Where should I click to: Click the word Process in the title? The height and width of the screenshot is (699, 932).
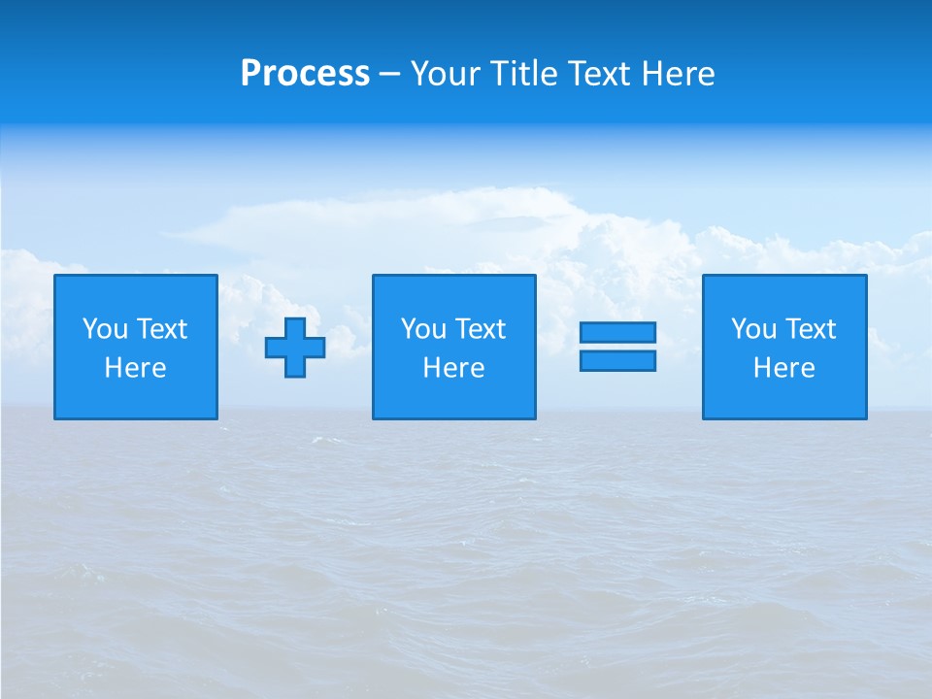tap(305, 74)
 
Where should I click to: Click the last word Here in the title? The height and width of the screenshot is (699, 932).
tap(678, 74)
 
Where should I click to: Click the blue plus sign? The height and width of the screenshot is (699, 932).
tap(295, 347)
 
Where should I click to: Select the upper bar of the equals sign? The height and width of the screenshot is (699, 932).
tap(617, 332)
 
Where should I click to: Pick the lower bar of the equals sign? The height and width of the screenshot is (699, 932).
tap(617, 361)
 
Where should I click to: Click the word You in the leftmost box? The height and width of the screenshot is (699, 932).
tap(105, 329)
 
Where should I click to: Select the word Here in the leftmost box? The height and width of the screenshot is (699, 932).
tap(135, 368)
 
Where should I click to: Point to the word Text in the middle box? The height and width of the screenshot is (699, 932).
tap(481, 329)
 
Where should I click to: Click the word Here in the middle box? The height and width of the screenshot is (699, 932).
tap(453, 368)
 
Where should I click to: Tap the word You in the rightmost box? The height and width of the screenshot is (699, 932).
tap(753, 329)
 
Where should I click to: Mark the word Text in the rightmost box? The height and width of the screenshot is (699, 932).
tap(811, 329)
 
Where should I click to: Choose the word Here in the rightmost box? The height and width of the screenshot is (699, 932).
tap(783, 368)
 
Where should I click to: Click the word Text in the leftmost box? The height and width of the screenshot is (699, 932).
tap(162, 329)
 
